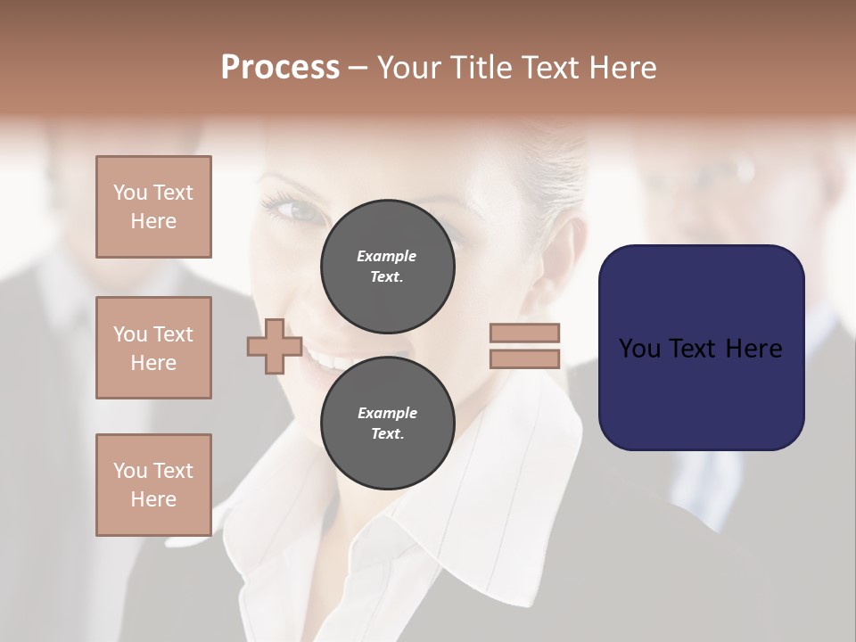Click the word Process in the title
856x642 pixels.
click(280, 68)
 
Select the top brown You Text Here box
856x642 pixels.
click(153, 207)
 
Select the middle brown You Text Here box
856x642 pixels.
click(153, 348)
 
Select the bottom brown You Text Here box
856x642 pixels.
click(153, 485)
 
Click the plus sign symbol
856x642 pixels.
click(275, 347)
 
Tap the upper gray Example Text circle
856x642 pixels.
click(387, 266)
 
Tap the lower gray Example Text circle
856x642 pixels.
click(387, 423)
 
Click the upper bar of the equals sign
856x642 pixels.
click(524, 333)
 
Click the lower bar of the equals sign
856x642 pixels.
click(524, 358)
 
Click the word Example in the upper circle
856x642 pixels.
click(387, 256)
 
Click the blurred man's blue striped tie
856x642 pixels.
click(704, 481)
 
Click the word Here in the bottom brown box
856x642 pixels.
click(153, 499)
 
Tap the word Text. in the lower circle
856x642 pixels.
click(387, 434)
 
